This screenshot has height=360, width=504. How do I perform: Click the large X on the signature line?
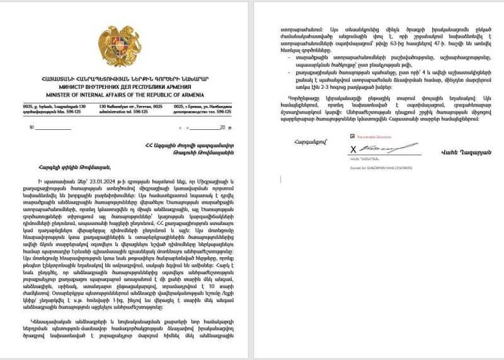(x=353, y=149)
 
